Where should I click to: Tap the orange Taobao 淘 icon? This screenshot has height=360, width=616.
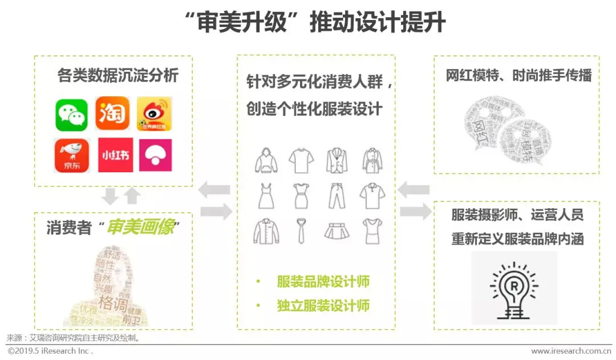coord(112,114)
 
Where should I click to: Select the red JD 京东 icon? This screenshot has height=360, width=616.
coord(71,155)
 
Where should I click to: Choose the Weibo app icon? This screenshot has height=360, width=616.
coord(154,114)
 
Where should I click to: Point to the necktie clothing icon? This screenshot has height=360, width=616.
coord(301,231)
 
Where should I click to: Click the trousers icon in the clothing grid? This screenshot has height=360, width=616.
coord(337,196)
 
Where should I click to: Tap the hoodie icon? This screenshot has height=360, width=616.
coord(266,161)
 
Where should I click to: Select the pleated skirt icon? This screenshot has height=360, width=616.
coord(337,231)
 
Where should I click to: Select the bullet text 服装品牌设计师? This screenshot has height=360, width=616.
coord(323,281)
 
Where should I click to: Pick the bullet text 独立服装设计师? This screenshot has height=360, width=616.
coord(323,306)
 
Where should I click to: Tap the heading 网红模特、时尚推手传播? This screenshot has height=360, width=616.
coord(518,75)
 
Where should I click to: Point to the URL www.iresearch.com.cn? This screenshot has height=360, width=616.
coord(570,351)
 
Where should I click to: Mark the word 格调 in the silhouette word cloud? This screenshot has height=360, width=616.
coord(113,301)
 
